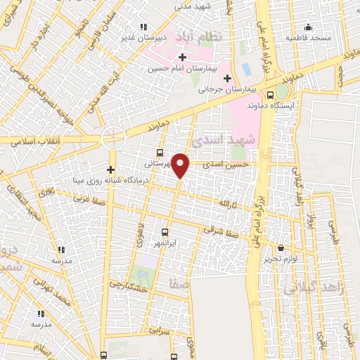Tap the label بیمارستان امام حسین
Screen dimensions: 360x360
184,69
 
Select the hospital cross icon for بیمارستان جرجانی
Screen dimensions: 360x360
226,78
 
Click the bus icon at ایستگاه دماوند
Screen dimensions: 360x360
271,94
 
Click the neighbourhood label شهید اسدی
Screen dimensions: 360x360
228,141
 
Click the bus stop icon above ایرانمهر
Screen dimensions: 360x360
165,231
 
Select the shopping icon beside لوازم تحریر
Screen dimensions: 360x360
281,248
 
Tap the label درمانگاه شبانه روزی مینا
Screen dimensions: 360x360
102,179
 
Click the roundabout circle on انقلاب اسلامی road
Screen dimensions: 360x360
113,136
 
